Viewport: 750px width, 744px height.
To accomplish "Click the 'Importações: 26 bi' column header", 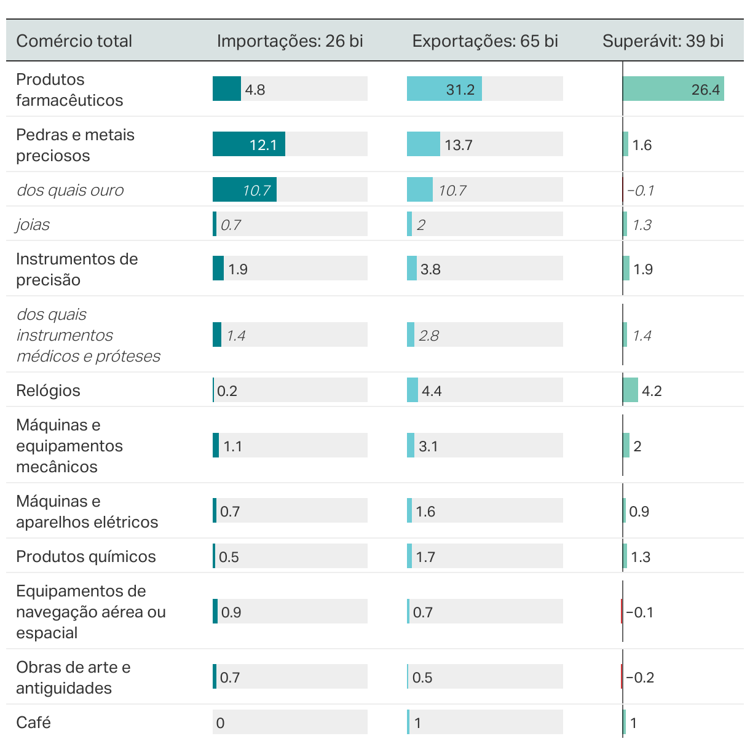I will click(x=290, y=41).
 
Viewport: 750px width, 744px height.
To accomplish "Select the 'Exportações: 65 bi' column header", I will click(x=485, y=41).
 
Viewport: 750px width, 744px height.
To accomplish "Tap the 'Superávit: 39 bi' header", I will click(x=663, y=41).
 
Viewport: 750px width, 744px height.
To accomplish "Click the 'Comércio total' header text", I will click(x=74, y=41).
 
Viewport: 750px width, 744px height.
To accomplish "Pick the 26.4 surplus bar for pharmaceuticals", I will click(x=673, y=89).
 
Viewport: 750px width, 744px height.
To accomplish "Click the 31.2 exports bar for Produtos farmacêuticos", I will click(x=444, y=89).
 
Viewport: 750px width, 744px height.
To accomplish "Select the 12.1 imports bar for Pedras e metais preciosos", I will click(x=248, y=144).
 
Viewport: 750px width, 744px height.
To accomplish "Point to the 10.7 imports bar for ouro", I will click(x=244, y=190).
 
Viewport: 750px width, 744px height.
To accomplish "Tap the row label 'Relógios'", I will click(x=48, y=390).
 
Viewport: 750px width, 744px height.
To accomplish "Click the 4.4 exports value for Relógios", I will click(x=432, y=391).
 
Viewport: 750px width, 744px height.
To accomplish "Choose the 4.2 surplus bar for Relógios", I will click(x=630, y=390).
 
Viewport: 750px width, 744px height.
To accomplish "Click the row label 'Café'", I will click(x=33, y=722).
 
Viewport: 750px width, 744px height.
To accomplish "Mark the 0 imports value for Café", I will click(x=220, y=723).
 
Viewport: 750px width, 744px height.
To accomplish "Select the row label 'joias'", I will click(x=33, y=224).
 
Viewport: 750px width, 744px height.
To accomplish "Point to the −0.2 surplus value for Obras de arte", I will click(x=639, y=678).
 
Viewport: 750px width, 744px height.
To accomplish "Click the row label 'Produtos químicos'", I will click(x=85, y=556).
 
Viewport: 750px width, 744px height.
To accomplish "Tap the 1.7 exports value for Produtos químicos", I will click(x=425, y=557).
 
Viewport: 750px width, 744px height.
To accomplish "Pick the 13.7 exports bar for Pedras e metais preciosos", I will click(x=423, y=144).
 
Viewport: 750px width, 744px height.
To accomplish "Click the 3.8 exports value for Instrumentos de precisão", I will click(x=430, y=269).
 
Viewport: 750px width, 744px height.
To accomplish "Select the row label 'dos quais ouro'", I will click(x=69, y=190).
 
